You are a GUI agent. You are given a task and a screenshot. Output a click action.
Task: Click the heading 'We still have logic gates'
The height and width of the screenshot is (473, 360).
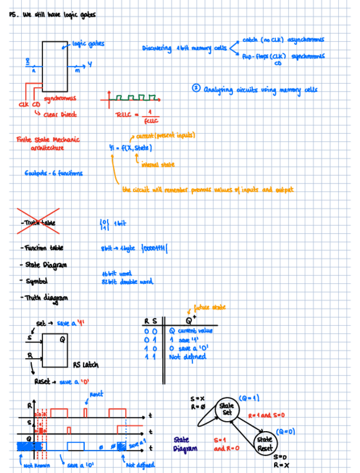coord(56,15)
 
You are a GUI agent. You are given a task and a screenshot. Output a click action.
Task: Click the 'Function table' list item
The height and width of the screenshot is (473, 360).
coord(42,248)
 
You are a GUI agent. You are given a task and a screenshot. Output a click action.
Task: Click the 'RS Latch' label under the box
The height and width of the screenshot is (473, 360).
coord(86,365)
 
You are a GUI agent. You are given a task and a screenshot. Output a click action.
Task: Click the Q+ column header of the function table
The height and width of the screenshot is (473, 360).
coord(188,321)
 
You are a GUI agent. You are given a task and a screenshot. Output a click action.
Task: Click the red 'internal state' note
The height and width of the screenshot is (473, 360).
coord(158,165)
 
